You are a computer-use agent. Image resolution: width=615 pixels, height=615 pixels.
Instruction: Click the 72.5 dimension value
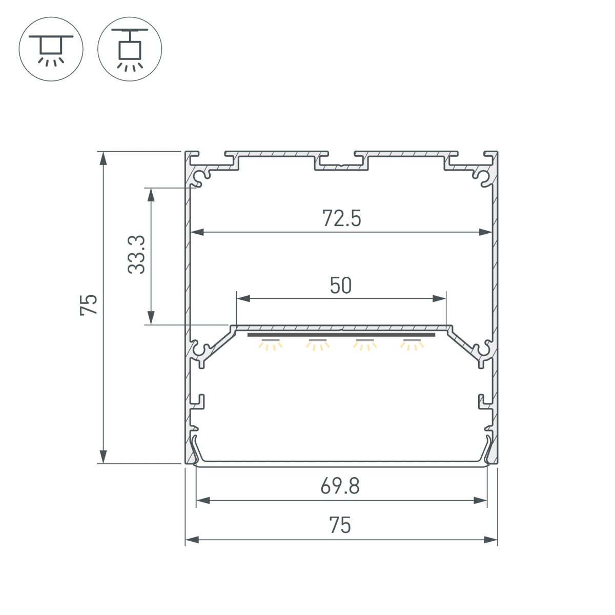click(342, 219)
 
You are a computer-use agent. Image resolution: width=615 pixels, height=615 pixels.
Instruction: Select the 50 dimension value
click(341, 286)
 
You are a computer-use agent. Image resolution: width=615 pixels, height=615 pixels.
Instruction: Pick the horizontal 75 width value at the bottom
click(340, 525)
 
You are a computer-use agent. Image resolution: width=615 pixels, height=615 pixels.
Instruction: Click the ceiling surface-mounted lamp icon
click(51, 49)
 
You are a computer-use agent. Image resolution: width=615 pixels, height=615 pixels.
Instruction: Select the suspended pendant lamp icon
click(130, 49)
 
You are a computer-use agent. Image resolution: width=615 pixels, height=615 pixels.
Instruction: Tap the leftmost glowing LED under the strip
click(270, 344)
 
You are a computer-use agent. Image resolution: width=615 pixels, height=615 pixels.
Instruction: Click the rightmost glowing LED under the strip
click(413, 344)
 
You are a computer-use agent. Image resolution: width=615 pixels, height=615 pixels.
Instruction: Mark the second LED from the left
click(317, 344)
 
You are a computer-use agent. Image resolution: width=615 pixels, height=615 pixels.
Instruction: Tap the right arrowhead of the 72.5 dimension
click(486, 232)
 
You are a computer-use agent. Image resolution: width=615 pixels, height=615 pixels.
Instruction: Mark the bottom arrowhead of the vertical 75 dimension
click(104, 457)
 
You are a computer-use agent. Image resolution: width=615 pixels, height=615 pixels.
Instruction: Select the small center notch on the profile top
click(341, 166)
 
